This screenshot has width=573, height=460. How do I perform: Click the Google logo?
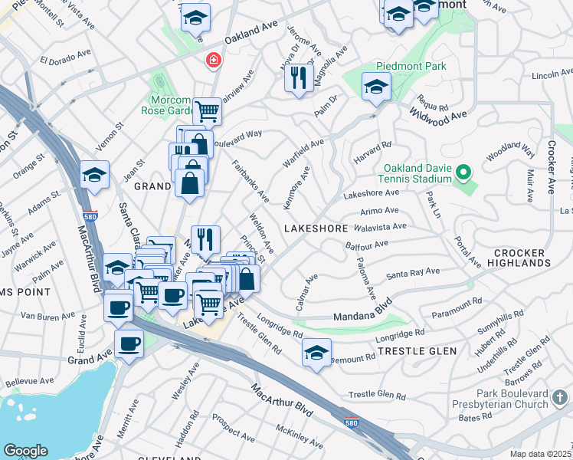click(25, 451)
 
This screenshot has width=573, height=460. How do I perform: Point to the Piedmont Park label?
click(411, 67)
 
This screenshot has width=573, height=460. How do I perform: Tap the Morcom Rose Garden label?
click(165, 106)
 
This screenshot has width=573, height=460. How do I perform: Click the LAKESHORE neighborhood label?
click(316, 228)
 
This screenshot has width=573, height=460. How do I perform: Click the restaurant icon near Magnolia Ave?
click(299, 77)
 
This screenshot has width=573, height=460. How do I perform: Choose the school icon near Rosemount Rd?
click(316, 353)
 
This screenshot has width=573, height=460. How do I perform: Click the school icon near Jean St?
click(94, 175)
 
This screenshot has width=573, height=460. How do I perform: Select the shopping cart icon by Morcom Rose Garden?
click(207, 111)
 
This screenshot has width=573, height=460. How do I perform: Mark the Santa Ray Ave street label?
click(412, 273)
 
